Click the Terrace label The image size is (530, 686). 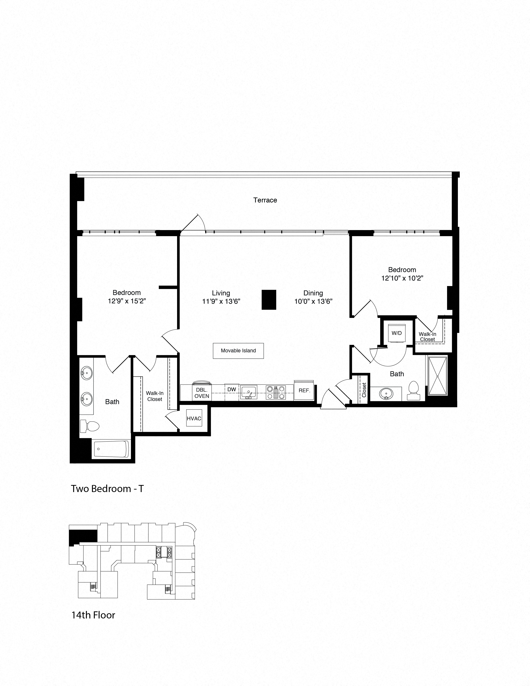coord(265,200)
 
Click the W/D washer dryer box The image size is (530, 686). coord(397,333)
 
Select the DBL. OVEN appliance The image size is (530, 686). coord(202,393)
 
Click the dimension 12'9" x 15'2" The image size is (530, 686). coord(127,301)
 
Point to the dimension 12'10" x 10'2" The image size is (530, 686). coord(402,278)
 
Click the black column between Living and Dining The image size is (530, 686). coord(269,299)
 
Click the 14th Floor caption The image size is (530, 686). coord(93,615)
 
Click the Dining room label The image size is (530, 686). coord(313,293)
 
